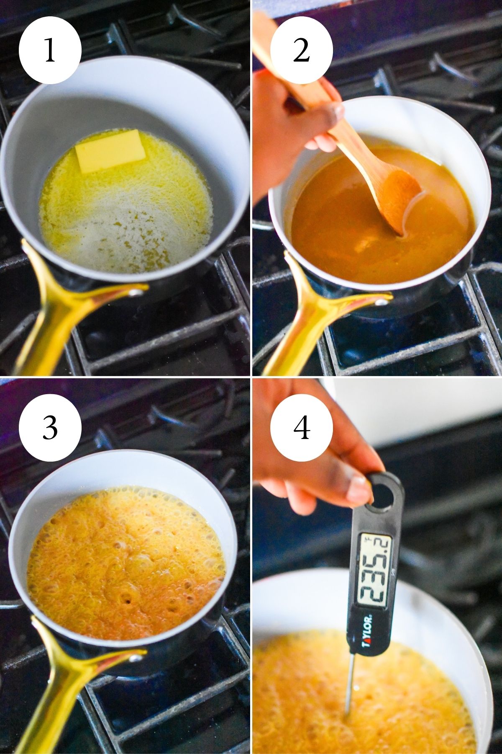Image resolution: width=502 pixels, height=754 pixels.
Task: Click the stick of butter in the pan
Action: tap(110, 151)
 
